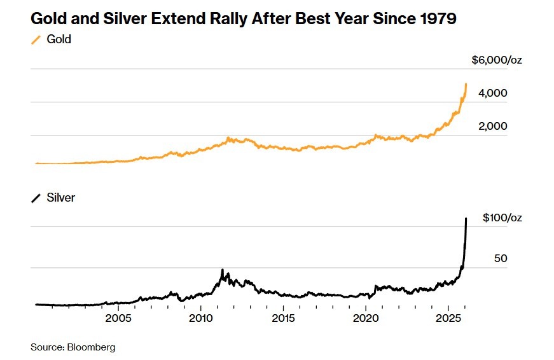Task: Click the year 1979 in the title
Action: click(438, 18)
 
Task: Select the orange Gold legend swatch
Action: click(36, 39)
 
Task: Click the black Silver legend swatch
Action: click(36, 198)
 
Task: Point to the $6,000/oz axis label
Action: click(497, 60)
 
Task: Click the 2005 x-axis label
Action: click(118, 318)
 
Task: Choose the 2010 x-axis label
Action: click(201, 318)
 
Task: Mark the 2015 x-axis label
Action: click(284, 318)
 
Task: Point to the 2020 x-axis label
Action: click(366, 318)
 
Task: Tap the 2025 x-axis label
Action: click(449, 318)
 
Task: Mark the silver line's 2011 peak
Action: click(222, 270)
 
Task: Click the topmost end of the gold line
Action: click(466, 84)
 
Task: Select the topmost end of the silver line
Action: click(466, 219)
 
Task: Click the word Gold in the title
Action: click(48, 18)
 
